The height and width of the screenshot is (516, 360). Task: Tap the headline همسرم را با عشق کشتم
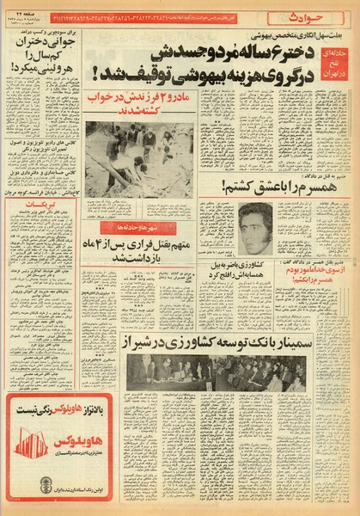click(268, 184)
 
